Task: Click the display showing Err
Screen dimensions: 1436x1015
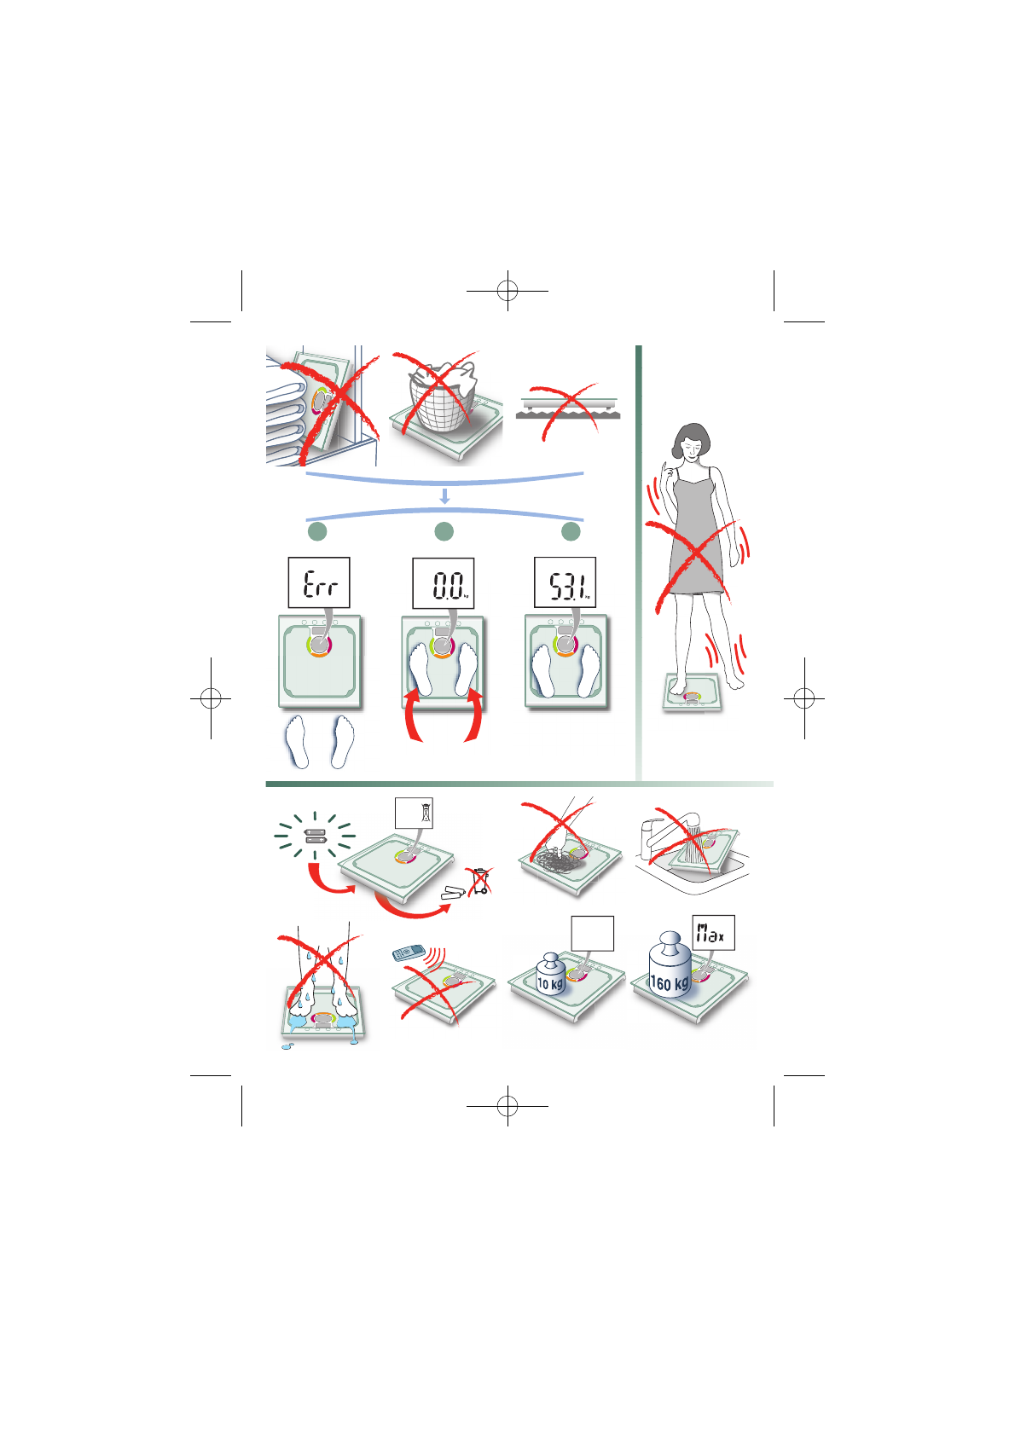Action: tap(319, 582)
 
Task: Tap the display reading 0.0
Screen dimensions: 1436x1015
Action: tap(444, 583)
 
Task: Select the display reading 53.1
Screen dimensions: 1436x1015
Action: tap(565, 583)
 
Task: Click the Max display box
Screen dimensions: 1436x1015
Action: tap(713, 933)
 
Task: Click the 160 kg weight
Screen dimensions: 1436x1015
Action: tap(670, 967)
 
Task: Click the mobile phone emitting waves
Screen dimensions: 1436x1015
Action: tap(409, 953)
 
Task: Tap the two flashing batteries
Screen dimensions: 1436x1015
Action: tap(316, 836)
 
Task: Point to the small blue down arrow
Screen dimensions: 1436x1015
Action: tap(444, 496)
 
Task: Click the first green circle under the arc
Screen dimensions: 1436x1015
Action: tap(317, 531)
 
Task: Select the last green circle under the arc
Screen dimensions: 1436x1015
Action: tap(571, 531)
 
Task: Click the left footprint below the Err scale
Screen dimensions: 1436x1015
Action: tap(297, 740)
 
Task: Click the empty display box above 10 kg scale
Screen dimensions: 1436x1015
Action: tap(593, 934)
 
